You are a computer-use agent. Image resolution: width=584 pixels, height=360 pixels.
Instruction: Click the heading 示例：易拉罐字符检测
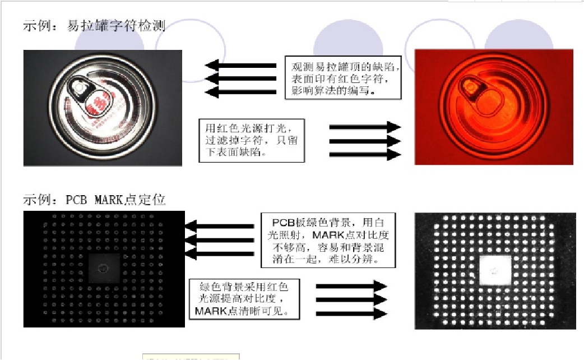coord(94,26)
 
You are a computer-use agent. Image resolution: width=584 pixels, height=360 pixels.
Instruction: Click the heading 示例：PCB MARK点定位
coord(94,200)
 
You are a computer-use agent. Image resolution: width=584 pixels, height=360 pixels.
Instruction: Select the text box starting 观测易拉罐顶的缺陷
coord(343,77)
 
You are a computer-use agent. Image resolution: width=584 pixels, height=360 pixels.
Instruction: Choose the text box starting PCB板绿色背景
coord(328,240)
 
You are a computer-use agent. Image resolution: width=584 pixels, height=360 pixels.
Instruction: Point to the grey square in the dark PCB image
coord(104,268)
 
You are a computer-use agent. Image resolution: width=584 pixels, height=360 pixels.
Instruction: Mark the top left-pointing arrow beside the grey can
coord(241,65)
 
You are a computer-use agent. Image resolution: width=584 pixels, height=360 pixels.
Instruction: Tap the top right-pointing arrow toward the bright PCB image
coord(352,286)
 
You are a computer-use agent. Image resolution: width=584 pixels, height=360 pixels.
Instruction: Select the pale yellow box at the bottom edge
coord(191,357)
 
